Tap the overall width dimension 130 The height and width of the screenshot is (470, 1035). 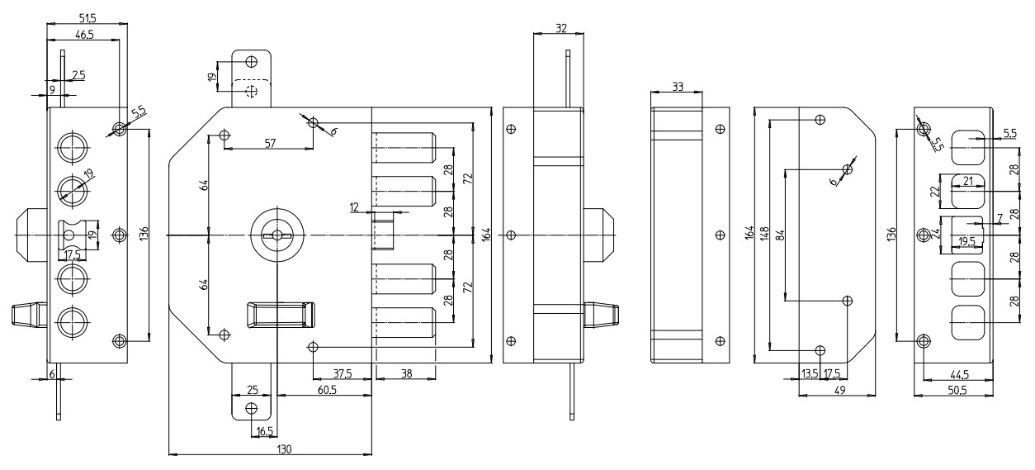click(285, 449)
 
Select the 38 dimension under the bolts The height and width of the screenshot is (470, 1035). click(406, 373)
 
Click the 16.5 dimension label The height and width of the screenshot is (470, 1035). click(266, 431)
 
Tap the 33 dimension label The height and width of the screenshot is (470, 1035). click(677, 86)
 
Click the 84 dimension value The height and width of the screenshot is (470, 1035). click(778, 235)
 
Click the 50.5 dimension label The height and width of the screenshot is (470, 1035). click(957, 390)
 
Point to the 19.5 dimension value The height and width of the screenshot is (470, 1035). click(966, 242)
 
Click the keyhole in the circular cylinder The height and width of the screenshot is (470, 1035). click(277, 236)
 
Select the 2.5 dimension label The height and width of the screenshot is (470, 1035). click(78, 75)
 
